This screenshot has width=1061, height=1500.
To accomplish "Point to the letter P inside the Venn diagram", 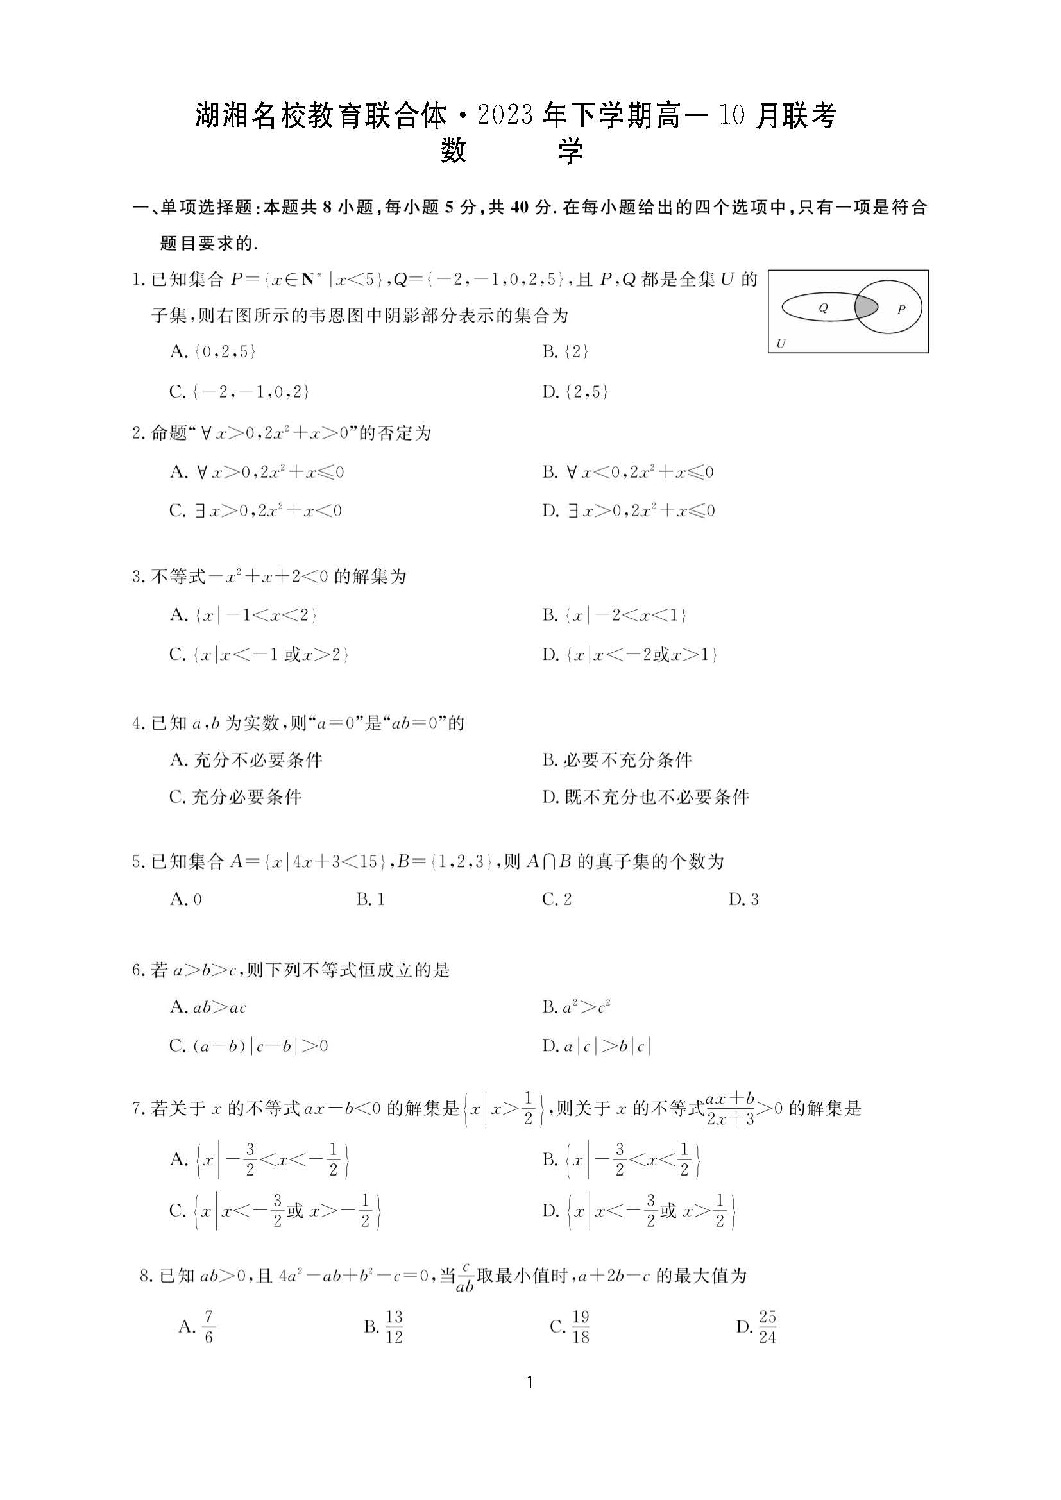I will (x=901, y=309).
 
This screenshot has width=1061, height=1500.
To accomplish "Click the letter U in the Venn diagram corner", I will (x=781, y=344).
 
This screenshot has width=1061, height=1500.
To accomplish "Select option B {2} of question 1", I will (x=566, y=351).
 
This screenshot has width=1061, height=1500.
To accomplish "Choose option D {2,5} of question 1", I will (x=575, y=391).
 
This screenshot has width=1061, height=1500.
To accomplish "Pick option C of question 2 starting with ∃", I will (x=255, y=510).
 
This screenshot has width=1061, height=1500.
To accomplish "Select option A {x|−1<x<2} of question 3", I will (x=243, y=615).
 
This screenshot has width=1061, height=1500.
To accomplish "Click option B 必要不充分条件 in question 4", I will (x=616, y=759).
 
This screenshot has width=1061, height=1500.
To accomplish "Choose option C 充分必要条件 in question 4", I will (x=235, y=797).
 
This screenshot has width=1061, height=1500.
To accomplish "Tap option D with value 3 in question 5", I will (x=743, y=899).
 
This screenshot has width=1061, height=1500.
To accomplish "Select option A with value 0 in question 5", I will (x=186, y=899).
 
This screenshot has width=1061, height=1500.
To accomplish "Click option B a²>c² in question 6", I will (x=576, y=1007).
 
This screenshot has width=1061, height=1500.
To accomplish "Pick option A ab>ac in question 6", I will (x=208, y=1007).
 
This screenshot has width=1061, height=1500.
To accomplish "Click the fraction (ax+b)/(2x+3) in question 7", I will (x=731, y=1108).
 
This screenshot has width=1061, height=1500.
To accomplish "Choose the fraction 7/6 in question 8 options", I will (x=208, y=1327).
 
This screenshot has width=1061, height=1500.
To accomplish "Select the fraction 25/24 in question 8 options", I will (x=767, y=1327).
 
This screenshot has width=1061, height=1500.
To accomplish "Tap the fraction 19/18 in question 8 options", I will (x=580, y=1327).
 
